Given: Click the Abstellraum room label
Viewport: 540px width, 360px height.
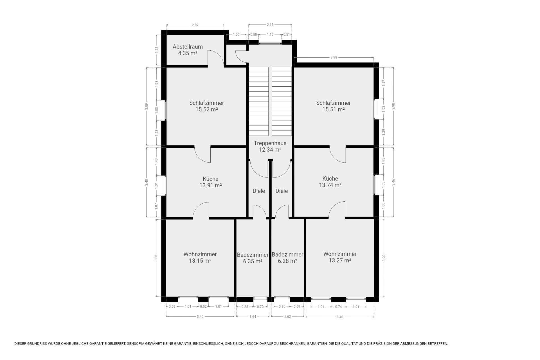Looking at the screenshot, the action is [x=188, y=47].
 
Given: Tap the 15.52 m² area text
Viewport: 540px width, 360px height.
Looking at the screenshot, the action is [x=207, y=109].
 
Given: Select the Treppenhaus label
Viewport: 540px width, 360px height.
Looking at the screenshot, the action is [x=270, y=143].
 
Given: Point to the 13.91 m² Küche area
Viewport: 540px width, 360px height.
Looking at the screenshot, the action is [x=211, y=185].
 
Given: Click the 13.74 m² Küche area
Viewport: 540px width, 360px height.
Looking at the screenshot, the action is [x=330, y=185].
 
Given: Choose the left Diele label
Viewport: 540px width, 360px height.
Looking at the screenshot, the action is [x=259, y=191].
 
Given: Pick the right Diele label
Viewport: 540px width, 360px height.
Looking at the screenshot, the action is [x=282, y=191].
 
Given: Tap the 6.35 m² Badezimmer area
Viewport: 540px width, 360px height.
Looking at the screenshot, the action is [x=253, y=261].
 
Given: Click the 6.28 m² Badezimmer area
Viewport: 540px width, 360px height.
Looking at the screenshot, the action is [x=287, y=261].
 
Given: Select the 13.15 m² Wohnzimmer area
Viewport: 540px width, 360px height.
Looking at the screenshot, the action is [x=200, y=261].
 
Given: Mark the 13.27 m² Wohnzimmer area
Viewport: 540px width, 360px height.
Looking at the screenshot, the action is [x=340, y=260].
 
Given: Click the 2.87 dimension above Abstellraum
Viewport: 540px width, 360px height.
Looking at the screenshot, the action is [x=195, y=25].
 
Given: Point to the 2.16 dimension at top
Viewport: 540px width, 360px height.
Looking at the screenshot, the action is [x=270, y=25].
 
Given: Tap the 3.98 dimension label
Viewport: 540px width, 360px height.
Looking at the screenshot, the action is [x=334, y=57].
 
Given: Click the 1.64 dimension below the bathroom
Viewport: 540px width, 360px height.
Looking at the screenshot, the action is [x=253, y=317].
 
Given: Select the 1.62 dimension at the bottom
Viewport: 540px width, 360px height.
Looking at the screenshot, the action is [x=287, y=317].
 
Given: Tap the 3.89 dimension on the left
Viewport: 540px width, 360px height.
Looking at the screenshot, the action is [x=146, y=107].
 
